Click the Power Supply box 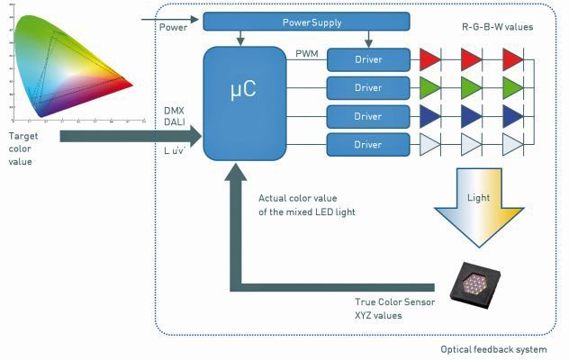(306, 21)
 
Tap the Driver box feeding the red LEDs (367, 59)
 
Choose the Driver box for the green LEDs (367, 88)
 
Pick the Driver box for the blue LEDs (367, 117)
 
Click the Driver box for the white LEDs (367, 145)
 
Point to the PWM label (307, 54)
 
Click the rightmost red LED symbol (513, 59)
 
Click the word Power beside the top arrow (175, 27)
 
